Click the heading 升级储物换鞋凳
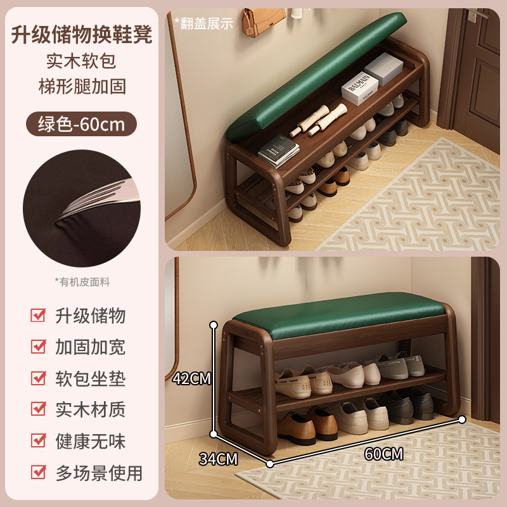tap(82, 34)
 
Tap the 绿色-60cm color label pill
tap(82, 123)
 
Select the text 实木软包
tap(82, 61)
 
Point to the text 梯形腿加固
tap(82, 86)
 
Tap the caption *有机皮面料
tap(82, 281)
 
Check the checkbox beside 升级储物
tap(39, 315)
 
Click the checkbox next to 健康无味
tap(39, 440)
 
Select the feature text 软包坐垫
tap(90, 378)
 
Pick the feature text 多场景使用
tap(98, 472)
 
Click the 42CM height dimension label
tap(191, 378)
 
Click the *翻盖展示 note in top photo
tap(203, 23)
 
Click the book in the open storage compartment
tap(279, 153)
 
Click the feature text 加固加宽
tap(90, 347)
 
